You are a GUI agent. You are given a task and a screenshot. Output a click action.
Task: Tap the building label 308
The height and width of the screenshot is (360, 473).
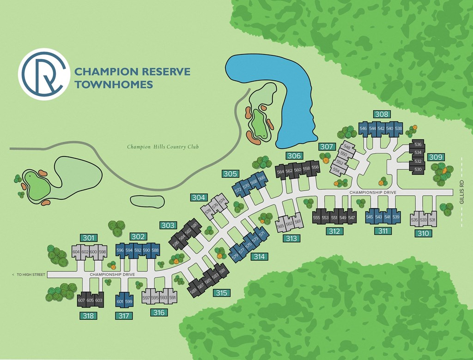[382, 114]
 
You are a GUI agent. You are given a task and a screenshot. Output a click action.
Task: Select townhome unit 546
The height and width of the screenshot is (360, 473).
[363, 128]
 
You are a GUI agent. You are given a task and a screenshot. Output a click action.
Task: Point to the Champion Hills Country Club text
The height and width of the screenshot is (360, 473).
[163, 147]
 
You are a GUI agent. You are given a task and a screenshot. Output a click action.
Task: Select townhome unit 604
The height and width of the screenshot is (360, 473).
[76, 252]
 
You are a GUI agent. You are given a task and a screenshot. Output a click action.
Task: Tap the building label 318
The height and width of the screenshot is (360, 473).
[87, 316]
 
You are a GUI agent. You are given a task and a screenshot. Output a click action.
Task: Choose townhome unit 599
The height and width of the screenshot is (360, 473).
[129, 302]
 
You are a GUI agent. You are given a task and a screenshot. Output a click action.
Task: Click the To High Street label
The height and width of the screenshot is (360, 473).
[29, 275]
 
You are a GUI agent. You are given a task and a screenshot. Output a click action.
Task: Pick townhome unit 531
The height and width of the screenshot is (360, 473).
[432, 220]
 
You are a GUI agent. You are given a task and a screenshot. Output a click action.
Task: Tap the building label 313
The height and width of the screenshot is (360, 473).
[291, 239]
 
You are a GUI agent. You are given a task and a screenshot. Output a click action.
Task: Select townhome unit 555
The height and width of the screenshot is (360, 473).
[316, 217]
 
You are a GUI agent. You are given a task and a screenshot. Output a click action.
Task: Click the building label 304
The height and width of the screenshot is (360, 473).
[198, 198]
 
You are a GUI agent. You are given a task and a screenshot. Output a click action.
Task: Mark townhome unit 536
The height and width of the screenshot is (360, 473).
[418, 144]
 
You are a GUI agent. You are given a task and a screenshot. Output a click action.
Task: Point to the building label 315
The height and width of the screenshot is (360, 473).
[221, 293]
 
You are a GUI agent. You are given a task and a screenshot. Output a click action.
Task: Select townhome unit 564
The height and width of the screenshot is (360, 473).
[280, 171]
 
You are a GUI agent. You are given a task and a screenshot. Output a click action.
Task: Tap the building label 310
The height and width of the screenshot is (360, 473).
[424, 234]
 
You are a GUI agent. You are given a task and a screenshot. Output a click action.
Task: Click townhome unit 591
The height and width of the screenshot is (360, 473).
[172, 298]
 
